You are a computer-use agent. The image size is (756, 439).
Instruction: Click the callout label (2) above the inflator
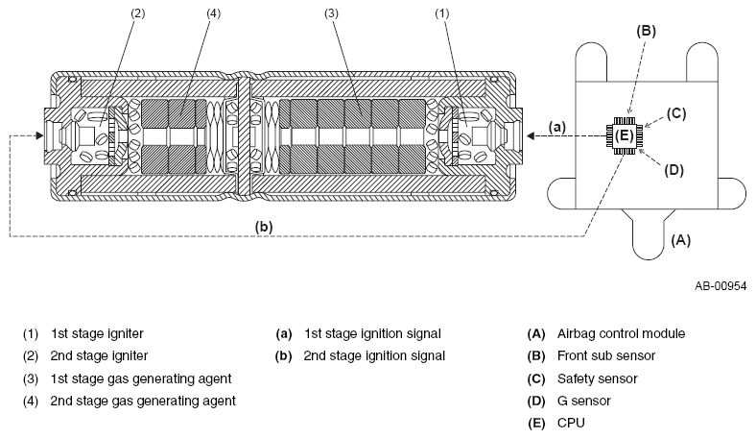click(x=138, y=13)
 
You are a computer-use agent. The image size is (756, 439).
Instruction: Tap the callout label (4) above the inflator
click(x=213, y=13)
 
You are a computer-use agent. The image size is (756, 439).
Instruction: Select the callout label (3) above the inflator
click(x=331, y=13)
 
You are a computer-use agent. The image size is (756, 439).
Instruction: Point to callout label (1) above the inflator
click(x=442, y=13)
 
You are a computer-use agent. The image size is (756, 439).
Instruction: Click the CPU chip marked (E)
click(x=625, y=135)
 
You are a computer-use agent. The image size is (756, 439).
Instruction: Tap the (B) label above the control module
click(x=646, y=31)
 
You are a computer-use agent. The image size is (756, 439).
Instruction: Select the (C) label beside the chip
click(x=676, y=113)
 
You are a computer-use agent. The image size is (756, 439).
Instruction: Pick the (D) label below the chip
click(x=674, y=170)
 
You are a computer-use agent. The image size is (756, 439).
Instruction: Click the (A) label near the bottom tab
click(x=681, y=240)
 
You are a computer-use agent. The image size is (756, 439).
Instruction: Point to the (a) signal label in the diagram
click(x=557, y=127)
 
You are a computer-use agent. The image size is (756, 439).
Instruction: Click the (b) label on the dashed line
click(x=264, y=227)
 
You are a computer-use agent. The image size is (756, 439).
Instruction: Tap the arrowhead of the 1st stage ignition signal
click(x=531, y=136)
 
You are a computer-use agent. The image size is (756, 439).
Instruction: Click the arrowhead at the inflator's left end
click(x=39, y=135)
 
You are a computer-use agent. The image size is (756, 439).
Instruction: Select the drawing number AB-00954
click(x=721, y=286)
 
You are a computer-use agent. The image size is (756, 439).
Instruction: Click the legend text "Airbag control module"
click(x=621, y=333)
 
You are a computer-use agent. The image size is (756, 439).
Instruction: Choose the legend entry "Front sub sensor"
click(x=606, y=356)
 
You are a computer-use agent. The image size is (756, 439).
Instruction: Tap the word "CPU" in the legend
click(x=571, y=423)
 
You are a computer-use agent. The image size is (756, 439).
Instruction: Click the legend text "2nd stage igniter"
click(x=99, y=356)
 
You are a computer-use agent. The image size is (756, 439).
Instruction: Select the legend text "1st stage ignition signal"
click(x=372, y=333)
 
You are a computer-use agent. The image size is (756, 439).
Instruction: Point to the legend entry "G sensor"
click(x=584, y=401)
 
